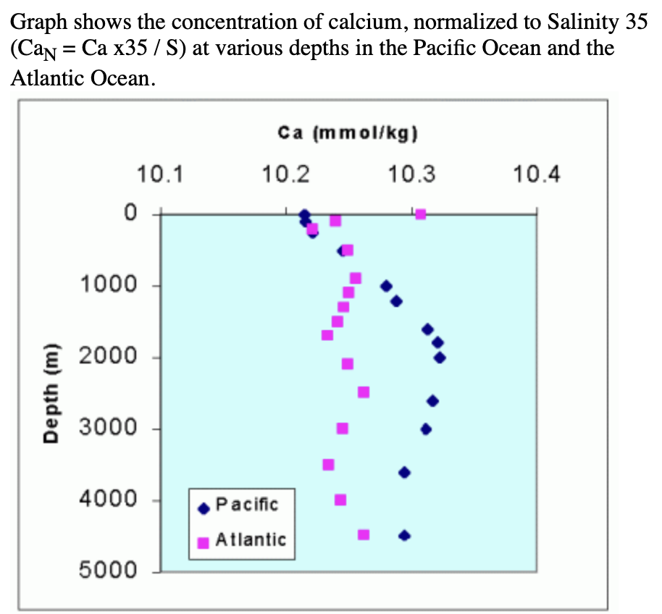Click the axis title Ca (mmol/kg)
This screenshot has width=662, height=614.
click(x=349, y=133)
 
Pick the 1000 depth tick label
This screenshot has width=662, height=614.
click(x=109, y=285)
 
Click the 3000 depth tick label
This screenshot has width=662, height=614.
click(x=109, y=428)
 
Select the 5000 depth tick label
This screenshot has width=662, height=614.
click(x=109, y=571)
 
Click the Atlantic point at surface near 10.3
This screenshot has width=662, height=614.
click(x=420, y=214)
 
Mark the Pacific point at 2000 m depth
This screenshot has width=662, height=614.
click(x=440, y=357)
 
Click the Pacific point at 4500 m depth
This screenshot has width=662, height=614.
click(x=404, y=535)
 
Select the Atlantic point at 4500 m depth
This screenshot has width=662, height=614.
click(x=364, y=534)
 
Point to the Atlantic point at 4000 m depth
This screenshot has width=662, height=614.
click(x=340, y=500)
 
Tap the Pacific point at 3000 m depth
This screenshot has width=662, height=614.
click(x=426, y=429)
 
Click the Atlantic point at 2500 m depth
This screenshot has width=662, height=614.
click(x=364, y=392)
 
